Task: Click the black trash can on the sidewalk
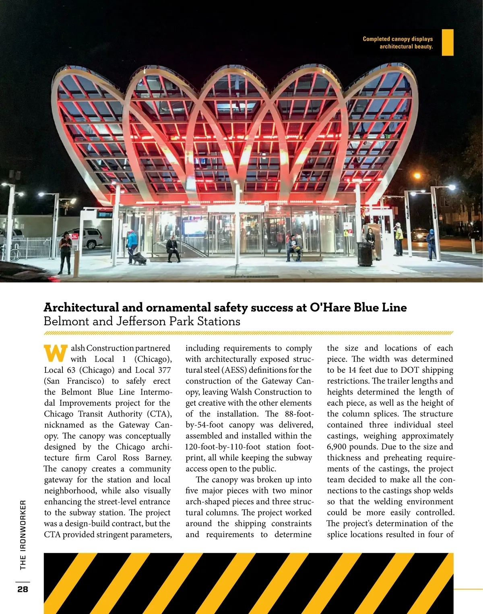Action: [365, 253]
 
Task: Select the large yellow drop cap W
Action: [56, 353]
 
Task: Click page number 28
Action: [23, 589]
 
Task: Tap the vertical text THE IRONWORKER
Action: [23, 534]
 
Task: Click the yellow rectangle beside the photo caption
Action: [448, 42]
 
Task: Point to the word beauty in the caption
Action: [423, 47]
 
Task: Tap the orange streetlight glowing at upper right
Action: [417, 176]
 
